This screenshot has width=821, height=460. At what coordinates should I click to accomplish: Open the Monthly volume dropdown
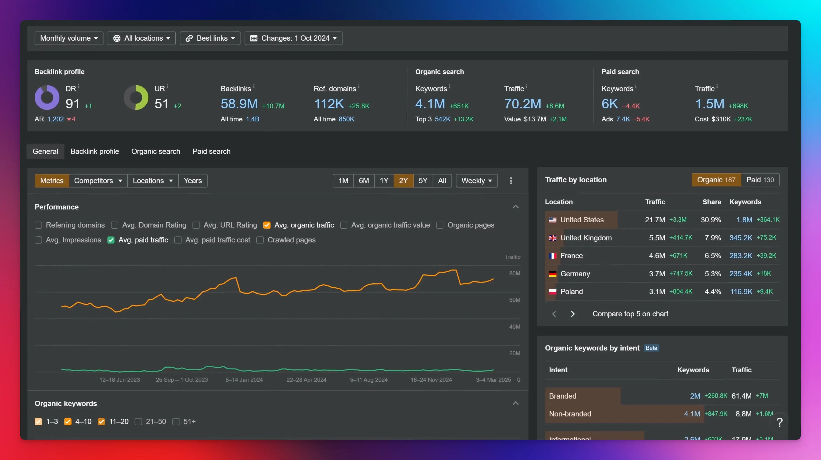click(x=69, y=38)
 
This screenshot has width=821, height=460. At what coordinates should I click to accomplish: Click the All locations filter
click(x=142, y=38)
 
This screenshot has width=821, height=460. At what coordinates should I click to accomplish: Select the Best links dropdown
click(x=210, y=38)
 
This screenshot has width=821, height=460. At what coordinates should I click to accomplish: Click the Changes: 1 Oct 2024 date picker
click(x=293, y=38)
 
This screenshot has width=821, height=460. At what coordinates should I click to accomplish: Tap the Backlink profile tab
click(x=95, y=151)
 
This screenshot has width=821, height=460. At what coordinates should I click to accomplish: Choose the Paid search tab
click(x=211, y=151)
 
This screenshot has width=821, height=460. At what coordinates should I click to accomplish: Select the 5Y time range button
click(x=423, y=181)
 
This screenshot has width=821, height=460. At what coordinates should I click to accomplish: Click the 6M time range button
click(x=364, y=181)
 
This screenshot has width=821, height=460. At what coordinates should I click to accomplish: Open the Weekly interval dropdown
click(x=476, y=181)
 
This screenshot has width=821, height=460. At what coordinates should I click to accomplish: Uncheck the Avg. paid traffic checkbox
click(x=111, y=240)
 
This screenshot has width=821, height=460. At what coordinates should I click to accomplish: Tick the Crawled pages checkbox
click(x=260, y=240)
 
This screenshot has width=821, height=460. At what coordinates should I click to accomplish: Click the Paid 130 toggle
click(x=760, y=180)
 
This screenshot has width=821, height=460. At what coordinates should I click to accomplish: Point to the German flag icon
click(x=553, y=274)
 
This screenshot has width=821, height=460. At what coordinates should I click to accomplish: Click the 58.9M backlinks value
click(x=239, y=104)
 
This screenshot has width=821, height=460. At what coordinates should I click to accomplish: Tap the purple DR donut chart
click(x=47, y=97)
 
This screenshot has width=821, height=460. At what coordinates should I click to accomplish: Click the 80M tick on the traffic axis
click(x=514, y=273)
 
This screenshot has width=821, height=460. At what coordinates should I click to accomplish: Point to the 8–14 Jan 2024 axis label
click(x=244, y=380)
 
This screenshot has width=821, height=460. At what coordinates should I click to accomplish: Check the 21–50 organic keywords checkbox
click(x=138, y=422)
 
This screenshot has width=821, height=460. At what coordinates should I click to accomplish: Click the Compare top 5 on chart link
click(x=630, y=314)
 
